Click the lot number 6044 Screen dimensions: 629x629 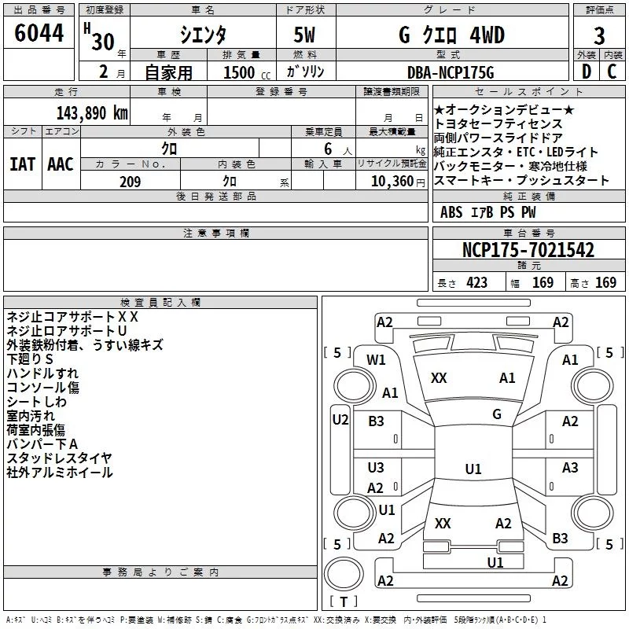tap(39, 33)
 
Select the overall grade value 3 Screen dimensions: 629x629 tap(599, 36)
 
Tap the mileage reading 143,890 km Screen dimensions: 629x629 tap(92, 113)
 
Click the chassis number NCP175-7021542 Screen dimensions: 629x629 tap(528, 250)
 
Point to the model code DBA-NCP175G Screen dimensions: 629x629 tap(451, 72)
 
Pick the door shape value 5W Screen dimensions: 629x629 tap(305, 35)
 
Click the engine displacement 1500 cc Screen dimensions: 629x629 tap(247, 72)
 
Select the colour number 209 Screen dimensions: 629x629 tap(131, 182)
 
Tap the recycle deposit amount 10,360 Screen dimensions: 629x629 tap(392, 182)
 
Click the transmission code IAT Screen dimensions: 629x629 tap(23, 164)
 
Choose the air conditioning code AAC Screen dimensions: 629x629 tap(61, 164)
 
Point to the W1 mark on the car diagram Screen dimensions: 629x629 tap(376, 360)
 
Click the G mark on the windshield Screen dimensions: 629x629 tap(497, 414)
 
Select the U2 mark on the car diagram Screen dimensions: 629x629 tap(340, 420)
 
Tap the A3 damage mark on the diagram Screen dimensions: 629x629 tap(570, 467)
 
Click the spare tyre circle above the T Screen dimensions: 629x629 tap(344, 574)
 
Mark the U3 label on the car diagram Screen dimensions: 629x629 tap(376, 467)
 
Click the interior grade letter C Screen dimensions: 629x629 tap(612, 72)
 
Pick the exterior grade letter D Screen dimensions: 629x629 tap(586, 72)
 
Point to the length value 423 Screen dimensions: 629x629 tap(476, 282)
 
